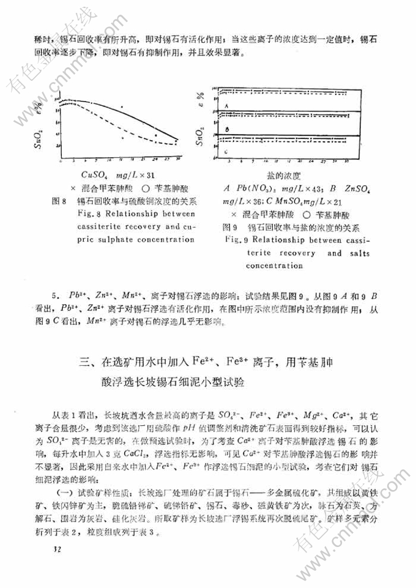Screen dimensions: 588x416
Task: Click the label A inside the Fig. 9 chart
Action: (226, 106)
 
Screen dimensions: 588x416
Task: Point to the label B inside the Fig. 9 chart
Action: (226, 130)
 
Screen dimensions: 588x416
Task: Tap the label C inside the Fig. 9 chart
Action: (226, 151)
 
